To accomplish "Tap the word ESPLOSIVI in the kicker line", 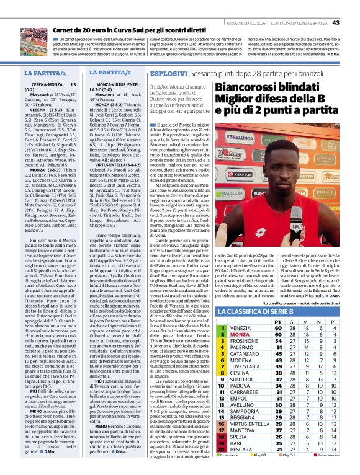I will click(169, 73).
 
